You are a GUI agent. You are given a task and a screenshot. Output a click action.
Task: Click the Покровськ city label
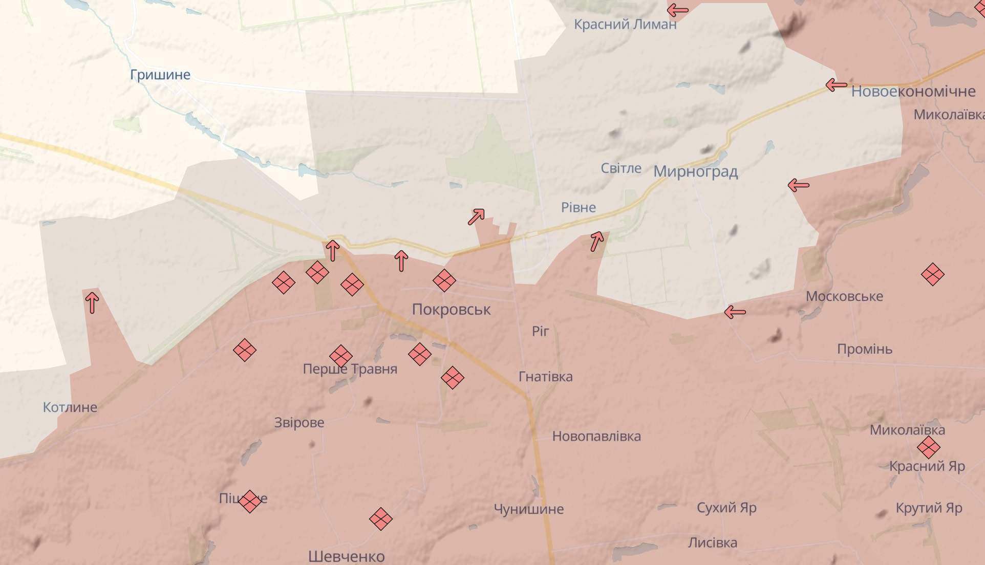click(x=451, y=309)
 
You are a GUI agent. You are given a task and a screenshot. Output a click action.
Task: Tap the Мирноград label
click(x=695, y=171)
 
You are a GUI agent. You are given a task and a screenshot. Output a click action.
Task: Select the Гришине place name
click(x=160, y=75)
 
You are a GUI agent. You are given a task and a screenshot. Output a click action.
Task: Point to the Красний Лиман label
click(x=625, y=24)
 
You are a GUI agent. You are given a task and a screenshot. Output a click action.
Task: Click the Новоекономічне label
click(x=913, y=91)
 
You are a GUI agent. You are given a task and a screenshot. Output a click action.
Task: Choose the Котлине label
click(x=70, y=407)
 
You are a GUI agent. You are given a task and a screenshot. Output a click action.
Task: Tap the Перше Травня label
click(x=350, y=369)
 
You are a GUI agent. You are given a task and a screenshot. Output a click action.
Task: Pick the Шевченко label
click(x=346, y=556)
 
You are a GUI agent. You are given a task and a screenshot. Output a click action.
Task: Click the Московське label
click(x=844, y=296)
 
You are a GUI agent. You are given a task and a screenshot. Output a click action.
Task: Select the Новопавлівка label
click(x=596, y=437)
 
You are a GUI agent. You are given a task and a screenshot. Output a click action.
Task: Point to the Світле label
click(x=620, y=168)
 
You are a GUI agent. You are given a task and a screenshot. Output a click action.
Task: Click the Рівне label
click(x=578, y=208)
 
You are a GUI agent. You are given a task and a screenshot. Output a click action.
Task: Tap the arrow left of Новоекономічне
click(x=836, y=85)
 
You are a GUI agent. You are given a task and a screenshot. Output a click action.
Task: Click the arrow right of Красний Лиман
click(x=677, y=10)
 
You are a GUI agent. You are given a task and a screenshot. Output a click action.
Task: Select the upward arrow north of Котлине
click(x=92, y=302)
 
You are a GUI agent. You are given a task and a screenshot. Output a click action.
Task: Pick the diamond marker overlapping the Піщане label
click(x=250, y=501)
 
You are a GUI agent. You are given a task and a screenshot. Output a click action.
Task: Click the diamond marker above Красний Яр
click(x=928, y=447)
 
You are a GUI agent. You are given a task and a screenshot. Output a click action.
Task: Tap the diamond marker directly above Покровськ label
click(x=444, y=280)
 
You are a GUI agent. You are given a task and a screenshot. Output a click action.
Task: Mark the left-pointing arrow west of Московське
click(x=735, y=312)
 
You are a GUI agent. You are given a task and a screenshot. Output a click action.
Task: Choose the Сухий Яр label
click(x=726, y=508)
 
